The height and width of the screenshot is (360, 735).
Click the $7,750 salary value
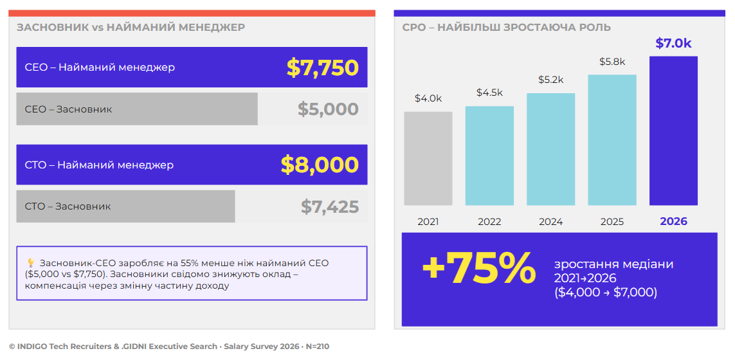(323, 67)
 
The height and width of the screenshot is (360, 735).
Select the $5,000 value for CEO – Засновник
(328, 109)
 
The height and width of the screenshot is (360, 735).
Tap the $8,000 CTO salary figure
(320, 165)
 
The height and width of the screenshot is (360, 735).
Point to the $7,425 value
(330, 207)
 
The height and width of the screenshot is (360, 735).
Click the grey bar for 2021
(428, 158)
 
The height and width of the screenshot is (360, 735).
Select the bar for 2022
(489, 156)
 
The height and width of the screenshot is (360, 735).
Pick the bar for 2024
(551, 149)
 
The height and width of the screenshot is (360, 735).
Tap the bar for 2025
(612, 139)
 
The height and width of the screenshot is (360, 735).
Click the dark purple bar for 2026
(673, 130)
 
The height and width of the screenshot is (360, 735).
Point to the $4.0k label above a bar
(428, 98)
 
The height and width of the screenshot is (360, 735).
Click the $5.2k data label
(551, 80)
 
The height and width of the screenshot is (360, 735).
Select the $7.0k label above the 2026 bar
(673, 43)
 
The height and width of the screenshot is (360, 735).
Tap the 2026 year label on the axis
(674, 221)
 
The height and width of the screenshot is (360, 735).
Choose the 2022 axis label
(489, 222)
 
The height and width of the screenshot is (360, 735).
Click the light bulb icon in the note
(31, 263)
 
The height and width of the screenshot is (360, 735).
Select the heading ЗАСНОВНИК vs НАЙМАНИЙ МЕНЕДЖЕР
(131, 27)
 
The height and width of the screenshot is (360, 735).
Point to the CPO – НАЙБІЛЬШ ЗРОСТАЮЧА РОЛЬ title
(506, 27)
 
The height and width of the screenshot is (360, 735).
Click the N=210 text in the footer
(318, 347)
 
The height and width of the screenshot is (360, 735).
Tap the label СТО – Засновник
(68, 206)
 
